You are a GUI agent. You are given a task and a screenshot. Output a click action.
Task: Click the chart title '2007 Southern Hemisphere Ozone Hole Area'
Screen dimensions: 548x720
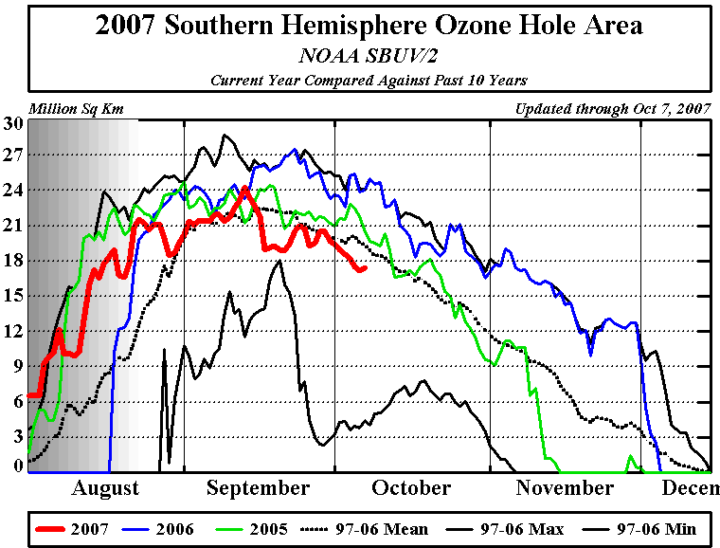click(x=369, y=26)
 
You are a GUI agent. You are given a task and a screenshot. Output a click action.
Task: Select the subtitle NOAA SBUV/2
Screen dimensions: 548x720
click(x=369, y=56)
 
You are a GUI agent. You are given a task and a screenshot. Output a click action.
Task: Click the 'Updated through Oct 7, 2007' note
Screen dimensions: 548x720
click(x=612, y=109)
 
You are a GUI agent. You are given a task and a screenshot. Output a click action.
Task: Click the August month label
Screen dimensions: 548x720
click(x=105, y=488)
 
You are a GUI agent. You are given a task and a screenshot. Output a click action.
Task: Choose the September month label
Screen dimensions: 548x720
click(x=258, y=488)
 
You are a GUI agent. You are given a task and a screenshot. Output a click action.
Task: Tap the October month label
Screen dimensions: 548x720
click(x=411, y=488)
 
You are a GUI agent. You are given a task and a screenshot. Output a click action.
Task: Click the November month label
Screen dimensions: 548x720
click(x=565, y=488)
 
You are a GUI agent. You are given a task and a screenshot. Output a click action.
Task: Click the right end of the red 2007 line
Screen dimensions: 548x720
click(x=365, y=269)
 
